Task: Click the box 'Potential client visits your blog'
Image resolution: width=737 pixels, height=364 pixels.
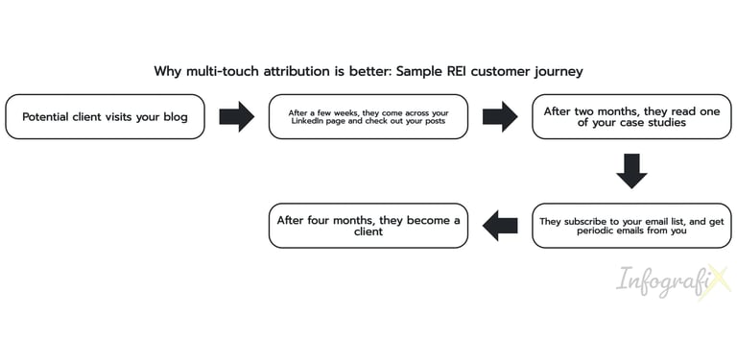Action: click(x=105, y=116)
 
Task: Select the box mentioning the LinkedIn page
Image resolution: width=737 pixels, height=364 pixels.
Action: click(x=368, y=116)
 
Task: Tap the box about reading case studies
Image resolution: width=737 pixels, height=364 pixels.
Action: click(x=631, y=116)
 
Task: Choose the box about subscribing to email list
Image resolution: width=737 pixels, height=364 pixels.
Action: click(x=631, y=225)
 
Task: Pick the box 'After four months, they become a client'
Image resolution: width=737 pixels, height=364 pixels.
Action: click(x=368, y=225)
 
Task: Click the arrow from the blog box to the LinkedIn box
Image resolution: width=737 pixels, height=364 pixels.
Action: click(x=236, y=116)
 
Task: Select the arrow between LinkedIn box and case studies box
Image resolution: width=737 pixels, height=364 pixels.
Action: click(x=500, y=116)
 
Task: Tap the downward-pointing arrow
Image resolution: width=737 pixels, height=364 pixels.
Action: click(x=631, y=171)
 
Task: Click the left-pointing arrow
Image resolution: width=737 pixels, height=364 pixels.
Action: click(x=500, y=226)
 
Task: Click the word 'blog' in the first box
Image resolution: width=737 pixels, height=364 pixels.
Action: click(x=175, y=117)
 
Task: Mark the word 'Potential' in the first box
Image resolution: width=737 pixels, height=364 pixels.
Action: click(x=46, y=117)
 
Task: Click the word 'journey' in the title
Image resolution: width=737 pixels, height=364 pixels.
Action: click(x=559, y=72)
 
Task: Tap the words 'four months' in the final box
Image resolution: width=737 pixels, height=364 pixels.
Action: click(x=336, y=219)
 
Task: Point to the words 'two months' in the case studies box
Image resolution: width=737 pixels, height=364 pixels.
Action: click(x=607, y=110)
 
